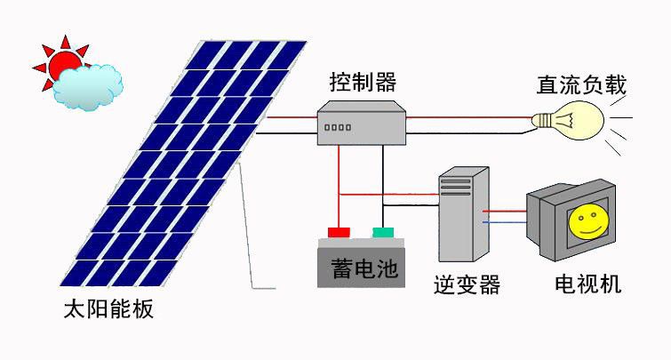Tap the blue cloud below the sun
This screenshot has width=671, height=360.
(x=87, y=86)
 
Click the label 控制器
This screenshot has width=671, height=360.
(x=361, y=84)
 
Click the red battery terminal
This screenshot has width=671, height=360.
(x=339, y=233)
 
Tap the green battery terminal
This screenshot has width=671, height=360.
(x=383, y=233)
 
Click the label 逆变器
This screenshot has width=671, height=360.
(x=467, y=285)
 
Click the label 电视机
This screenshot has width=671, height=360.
(x=587, y=285)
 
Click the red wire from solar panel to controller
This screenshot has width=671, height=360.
(x=289, y=116)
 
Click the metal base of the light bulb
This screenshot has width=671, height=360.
(x=540, y=120)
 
